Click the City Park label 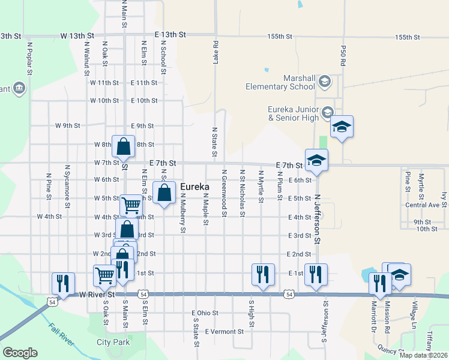[113, 343]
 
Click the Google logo [19, 353]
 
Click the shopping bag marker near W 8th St [123, 147]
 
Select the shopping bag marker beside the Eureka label [164, 193]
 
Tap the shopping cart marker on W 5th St [131, 205]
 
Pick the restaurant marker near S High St [263, 274]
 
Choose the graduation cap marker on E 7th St [316, 160]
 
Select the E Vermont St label [224, 331]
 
